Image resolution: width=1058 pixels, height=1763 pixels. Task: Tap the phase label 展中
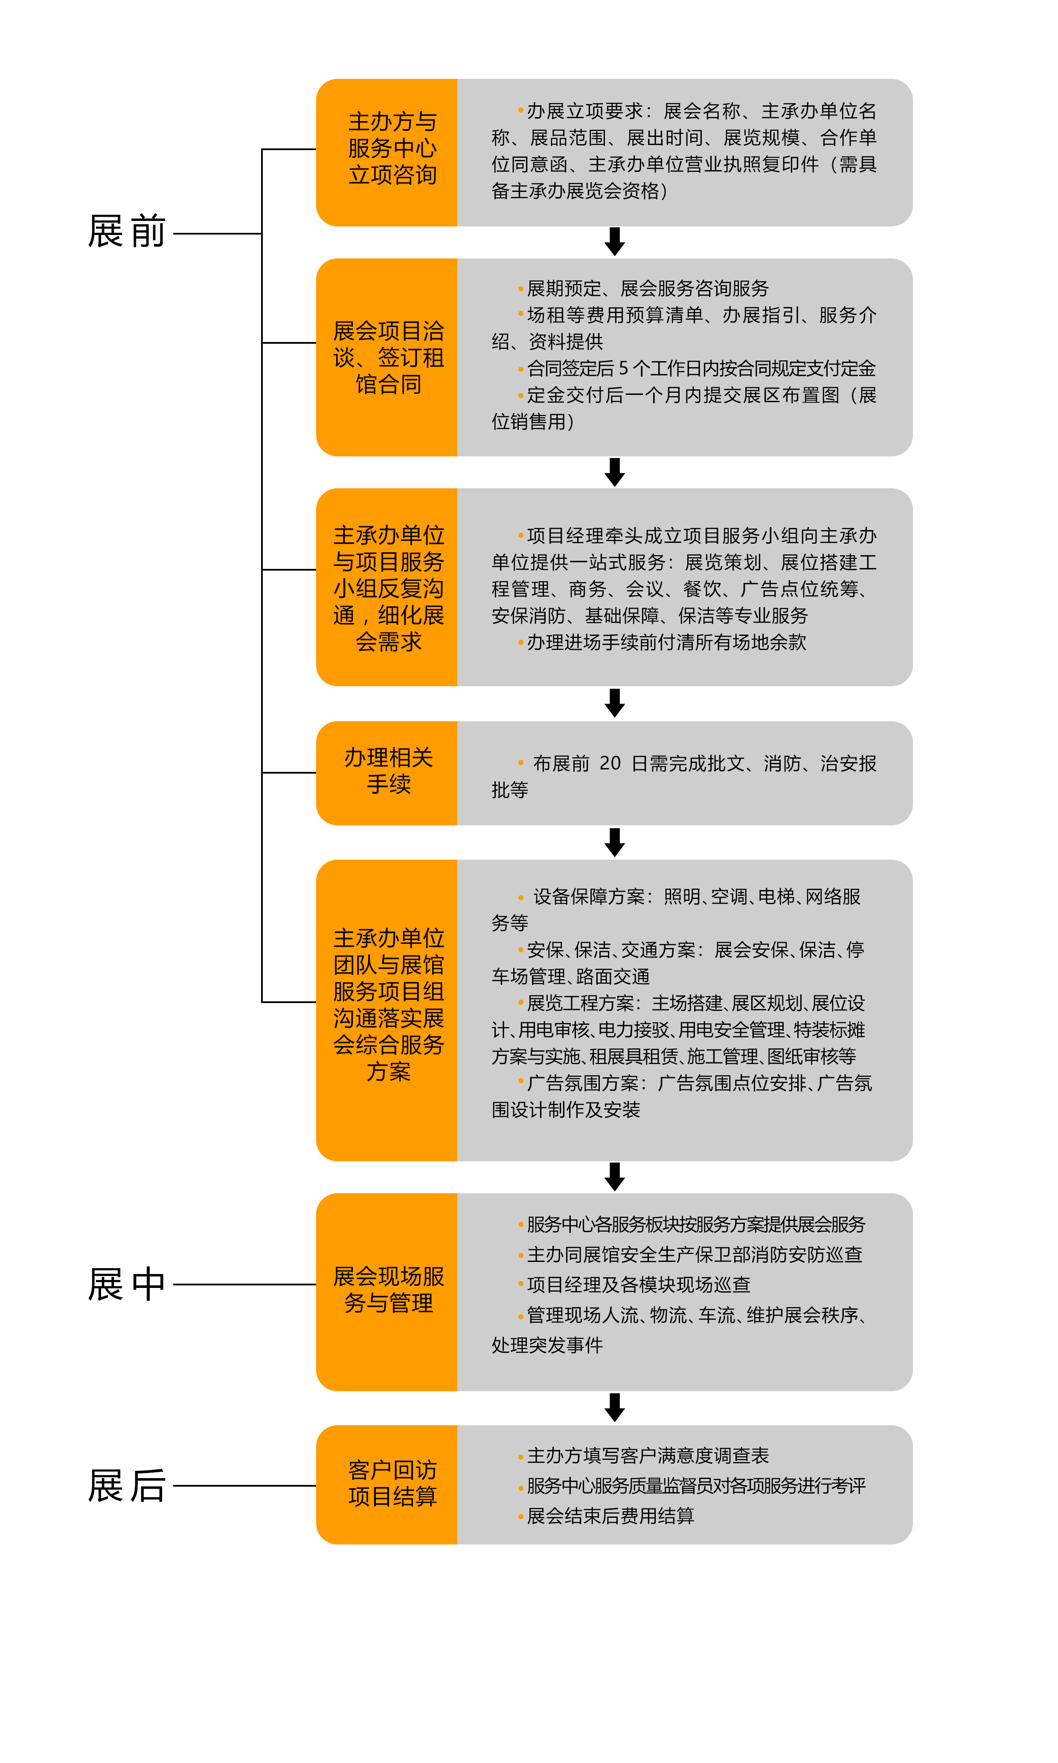click(127, 1285)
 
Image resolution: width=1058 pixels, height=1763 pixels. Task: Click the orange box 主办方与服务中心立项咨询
click(387, 153)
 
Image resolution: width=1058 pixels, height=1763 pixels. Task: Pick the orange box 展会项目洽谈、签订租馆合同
click(387, 357)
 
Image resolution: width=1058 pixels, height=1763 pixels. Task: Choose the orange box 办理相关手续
click(387, 773)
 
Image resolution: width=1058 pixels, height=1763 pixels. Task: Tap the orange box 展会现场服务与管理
click(387, 1292)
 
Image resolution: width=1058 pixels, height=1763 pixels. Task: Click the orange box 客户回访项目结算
click(387, 1485)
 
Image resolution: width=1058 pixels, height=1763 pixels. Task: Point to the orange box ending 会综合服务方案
click(387, 1010)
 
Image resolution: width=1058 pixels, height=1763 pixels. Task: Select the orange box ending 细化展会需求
click(387, 587)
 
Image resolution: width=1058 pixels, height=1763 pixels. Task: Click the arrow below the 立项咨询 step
click(615, 241)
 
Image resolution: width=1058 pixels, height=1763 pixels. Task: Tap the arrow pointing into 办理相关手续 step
click(615, 703)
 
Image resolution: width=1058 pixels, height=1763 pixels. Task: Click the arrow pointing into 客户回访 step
click(615, 1407)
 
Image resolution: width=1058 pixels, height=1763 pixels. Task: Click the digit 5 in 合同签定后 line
click(623, 368)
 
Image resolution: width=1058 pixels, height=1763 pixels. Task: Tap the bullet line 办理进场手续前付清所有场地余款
click(663, 642)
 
